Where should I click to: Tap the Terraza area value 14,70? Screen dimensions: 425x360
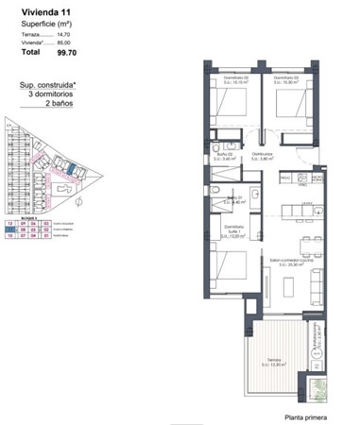pos(63,33)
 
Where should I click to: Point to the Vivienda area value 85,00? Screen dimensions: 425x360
pos(63,42)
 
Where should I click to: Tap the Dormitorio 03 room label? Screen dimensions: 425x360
pos(285,78)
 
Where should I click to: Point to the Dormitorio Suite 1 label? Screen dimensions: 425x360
pos(233,229)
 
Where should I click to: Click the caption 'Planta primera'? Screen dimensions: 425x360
pos(307,416)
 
